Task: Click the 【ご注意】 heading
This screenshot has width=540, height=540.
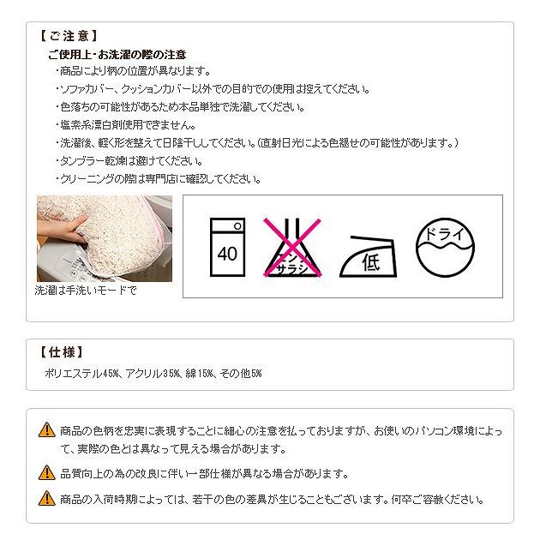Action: pos(69,36)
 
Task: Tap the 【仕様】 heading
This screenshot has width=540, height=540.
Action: pos(62,352)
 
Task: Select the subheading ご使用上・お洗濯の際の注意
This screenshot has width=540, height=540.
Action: pos(117,54)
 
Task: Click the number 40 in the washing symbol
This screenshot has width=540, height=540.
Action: pos(227,254)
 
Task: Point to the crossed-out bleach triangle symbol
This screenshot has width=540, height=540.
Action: pos(292,248)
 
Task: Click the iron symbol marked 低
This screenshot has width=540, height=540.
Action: pos(369,256)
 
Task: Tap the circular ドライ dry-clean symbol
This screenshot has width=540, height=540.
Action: pos(446,247)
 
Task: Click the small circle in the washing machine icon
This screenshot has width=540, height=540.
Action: pos(237,226)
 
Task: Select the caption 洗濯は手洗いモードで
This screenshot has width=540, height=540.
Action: pos(86,291)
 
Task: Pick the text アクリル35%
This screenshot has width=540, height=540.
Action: pos(153,374)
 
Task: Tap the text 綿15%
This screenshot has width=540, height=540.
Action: pos(200,374)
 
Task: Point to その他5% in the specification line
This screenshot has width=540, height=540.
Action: pos(241,374)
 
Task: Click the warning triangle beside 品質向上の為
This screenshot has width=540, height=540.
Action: pos(47,472)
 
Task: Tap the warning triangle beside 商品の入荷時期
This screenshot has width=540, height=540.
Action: pos(47,498)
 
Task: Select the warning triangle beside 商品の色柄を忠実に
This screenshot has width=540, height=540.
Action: pos(47,429)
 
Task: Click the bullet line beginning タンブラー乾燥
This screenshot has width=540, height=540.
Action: pos(129,160)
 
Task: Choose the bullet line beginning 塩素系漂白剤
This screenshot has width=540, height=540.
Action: pos(126,124)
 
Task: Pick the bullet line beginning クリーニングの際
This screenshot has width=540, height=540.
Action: pos(159,179)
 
